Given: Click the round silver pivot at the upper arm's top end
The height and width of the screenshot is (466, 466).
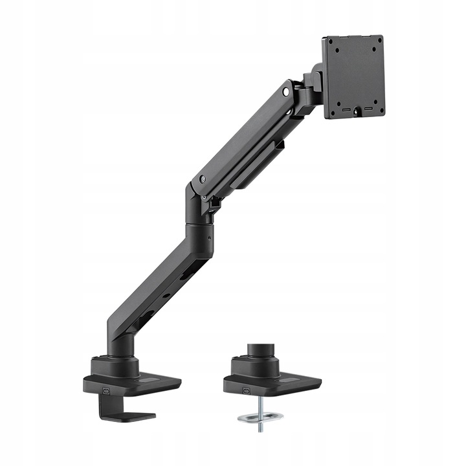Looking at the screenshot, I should point(285,92).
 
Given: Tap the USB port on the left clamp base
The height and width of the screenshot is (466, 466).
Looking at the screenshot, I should point(106,390).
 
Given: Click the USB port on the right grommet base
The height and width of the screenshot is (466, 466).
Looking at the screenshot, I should point(247,390).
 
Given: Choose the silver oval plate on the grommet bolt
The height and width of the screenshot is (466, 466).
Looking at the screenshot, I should point(258,417).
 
